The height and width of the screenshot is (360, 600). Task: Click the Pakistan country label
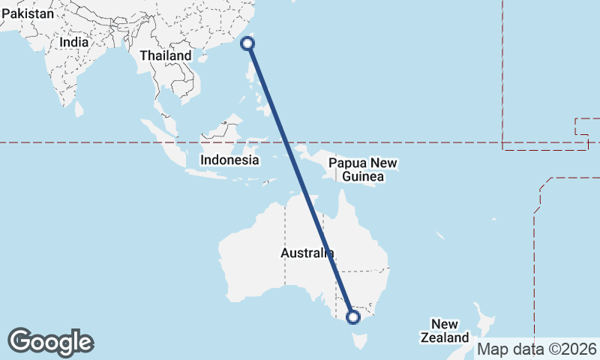coord(28,13)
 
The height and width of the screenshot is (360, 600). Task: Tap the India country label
coord(74,43)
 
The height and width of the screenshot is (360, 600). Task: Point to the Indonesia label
coord(229,160)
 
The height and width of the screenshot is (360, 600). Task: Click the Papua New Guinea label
coord(363,170)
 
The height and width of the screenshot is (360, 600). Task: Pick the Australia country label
coord(307,253)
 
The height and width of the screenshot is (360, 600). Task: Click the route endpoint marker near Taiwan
coord(247,43)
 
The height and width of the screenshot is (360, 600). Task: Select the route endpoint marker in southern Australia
coord(354,317)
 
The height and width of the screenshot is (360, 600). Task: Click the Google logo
coord(50,342)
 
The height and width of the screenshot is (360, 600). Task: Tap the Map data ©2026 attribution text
coord(537,349)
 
